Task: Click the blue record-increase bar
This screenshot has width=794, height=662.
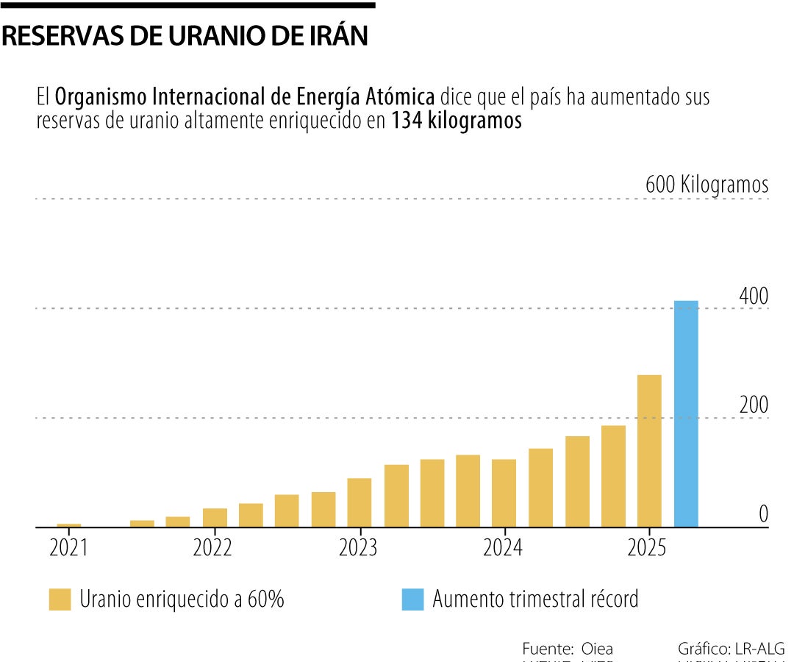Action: [x=686, y=413]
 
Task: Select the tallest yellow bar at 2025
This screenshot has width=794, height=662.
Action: [x=649, y=450]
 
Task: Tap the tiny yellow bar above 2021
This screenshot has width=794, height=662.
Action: [x=69, y=525]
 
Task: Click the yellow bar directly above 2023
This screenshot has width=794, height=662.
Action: [x=360, y=502]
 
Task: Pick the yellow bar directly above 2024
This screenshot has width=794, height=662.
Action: [x=504, y=493]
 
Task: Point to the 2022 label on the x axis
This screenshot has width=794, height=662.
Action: [x=212, y=548]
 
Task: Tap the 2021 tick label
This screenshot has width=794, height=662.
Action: [x=68, y=548]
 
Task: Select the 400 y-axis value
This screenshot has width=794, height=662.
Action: [x=754, y=296]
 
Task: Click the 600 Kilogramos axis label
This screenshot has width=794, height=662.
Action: [x=707, y=185]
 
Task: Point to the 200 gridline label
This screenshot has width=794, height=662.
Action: [x=754, y=405]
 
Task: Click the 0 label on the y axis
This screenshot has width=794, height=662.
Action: [x=763, y=514]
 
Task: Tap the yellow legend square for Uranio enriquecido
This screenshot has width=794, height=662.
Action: [x=60, y=599]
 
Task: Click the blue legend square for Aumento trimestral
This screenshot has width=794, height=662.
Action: [x=413, y=599]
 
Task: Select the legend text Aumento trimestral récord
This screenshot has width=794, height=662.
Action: [x=535, y=599]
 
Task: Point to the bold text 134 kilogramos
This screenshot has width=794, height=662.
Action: [x=457, y=121]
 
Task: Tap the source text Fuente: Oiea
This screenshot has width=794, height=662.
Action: [x=568, y=649]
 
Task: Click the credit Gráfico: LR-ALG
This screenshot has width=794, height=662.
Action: [x=731, y=649]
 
